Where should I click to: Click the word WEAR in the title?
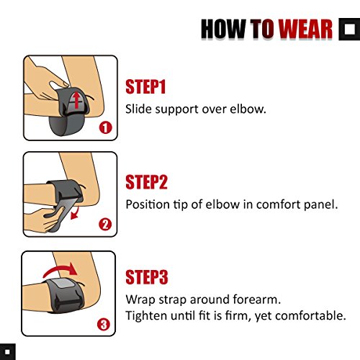[x=305, y=29]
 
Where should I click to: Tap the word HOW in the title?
[x=223, y=29]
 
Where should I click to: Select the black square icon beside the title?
[x=349, y=29]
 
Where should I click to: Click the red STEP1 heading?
[x=145, y=86]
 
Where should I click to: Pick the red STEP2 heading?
[x=146, y=182]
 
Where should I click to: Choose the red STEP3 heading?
[x=147, y=277]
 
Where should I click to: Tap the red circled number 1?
[x=106, y=127]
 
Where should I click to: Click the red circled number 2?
[x=105, y=225]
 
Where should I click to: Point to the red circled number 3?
[x=104, y=325]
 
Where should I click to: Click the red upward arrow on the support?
[x=76, y=100]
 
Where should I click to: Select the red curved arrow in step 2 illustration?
[x=76, y=214]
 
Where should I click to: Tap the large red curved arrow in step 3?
[x=60, y=269]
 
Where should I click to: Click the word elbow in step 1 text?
[x=248, y=109]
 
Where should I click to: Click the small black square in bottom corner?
[x=7, y=352]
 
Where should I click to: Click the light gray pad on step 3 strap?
[x=65, y=284]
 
